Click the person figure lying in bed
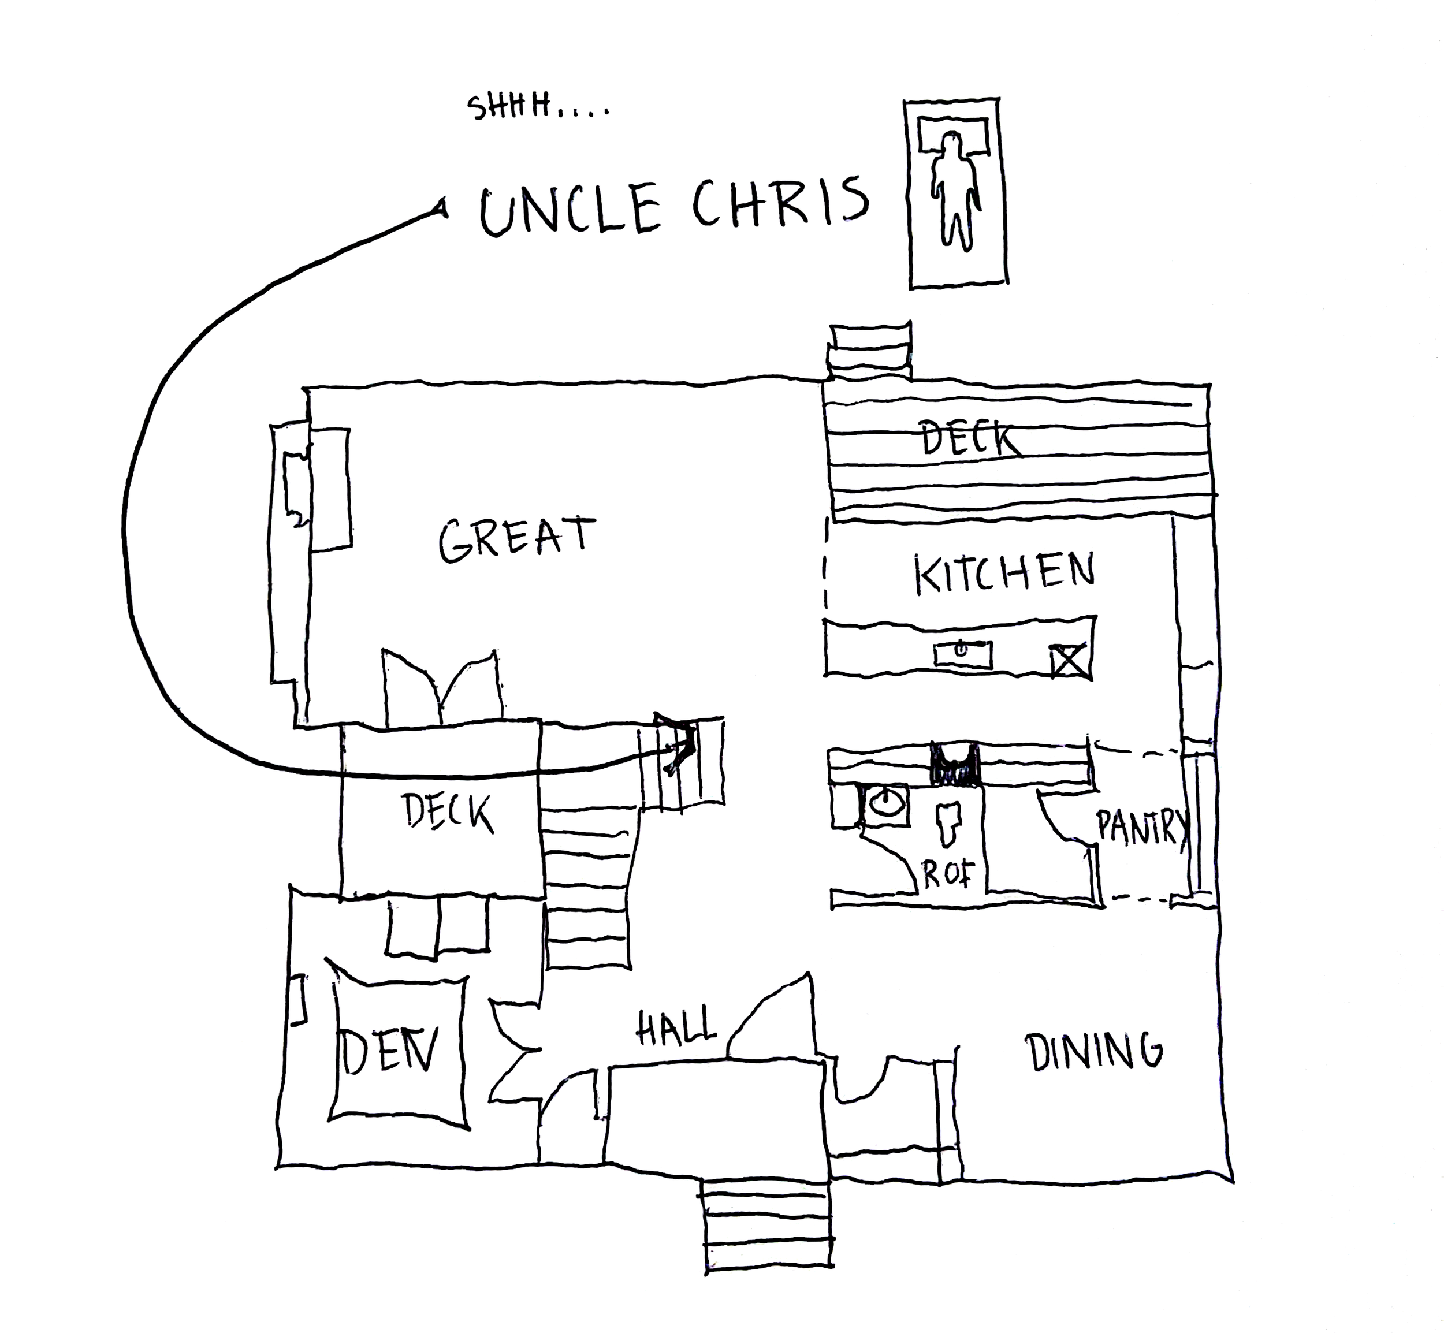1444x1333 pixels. (x=954, y=189)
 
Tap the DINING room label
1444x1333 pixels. (x=1093, y=1052)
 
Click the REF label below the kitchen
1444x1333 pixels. (x=948, y=874)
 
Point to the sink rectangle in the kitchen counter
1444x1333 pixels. (x=962, y=654)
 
